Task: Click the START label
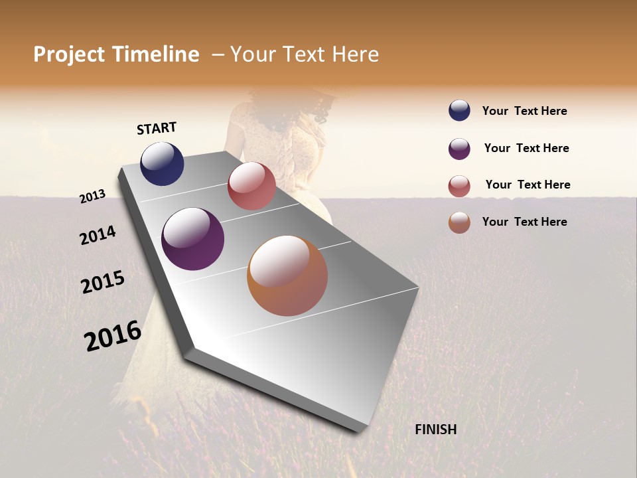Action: (157, 128)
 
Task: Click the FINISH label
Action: (435, 430)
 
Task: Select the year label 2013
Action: (93, 197)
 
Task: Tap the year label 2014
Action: (98, 236)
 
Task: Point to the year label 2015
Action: (103, 282)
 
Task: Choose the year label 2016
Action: (113, 336)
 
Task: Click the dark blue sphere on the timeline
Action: (162, 163)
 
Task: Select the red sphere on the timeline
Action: (251, 186)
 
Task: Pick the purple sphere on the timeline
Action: (192, 239)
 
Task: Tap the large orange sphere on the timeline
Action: (287, 276)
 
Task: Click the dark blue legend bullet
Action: (459, 111)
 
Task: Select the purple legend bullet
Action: (459, 149)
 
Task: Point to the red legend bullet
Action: (459, 186)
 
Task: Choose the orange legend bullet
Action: (459, 222)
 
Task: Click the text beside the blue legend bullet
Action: (524, 112)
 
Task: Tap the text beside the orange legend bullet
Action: (524, 222)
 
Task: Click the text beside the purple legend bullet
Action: (526, 148)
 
